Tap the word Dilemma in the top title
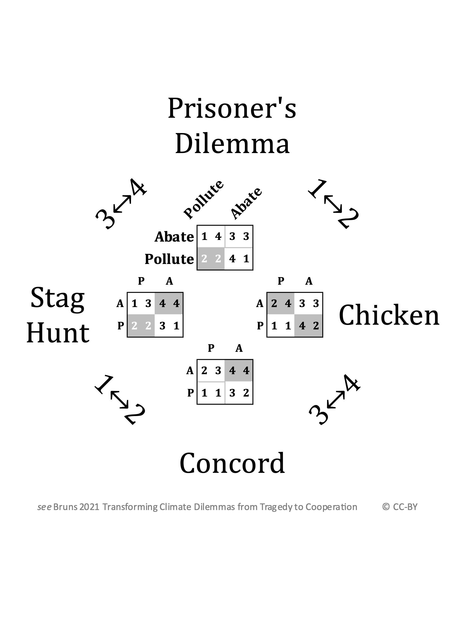click(x=232, y=143)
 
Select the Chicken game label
click(x=389, y=316)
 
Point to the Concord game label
click(x=232, y=463)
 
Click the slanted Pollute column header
click(x=203, y=199)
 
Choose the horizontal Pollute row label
click(x=169, y=259)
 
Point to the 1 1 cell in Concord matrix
click(x=211, y=393)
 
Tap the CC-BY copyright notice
click(x=400, y=507)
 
